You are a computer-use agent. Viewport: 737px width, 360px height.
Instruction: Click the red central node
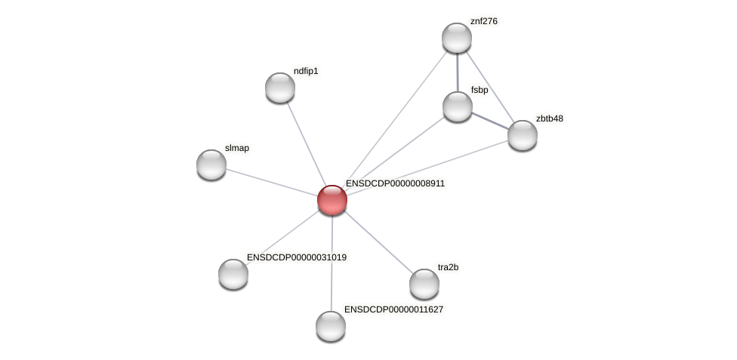[x=332, y=200]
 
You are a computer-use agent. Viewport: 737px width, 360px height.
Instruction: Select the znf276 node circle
[x=457, y=38]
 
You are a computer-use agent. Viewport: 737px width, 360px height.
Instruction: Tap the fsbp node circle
[x=458, y=106]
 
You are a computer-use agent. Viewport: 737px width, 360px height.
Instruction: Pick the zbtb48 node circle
[x=523, y=135]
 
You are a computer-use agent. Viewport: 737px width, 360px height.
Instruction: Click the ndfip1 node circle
[x=280, y=88]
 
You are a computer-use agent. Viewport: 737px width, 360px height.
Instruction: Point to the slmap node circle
[x=211, y=165]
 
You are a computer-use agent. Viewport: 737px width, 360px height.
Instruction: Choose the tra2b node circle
[x=424, y=284]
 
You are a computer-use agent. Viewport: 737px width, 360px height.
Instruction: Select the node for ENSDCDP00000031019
[x=233, y=273]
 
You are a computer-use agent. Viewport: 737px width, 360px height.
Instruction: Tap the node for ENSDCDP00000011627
[x=331, y=326]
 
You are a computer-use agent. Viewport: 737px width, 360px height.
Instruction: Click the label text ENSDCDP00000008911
[x=395, y=183]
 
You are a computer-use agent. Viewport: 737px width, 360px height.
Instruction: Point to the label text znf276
[x=483, y=21]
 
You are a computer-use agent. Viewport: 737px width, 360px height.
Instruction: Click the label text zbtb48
[x=549, y=118]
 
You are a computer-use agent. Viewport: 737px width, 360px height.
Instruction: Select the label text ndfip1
[x=306, y=72]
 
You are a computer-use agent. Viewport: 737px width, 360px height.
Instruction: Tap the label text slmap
[x=237, y=148]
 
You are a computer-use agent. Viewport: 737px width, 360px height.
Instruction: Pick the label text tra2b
[x=448, y=267]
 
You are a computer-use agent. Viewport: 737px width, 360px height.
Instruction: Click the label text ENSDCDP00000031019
[x=297, y=257]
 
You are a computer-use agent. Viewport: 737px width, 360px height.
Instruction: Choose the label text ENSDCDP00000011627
[x=393, y=309]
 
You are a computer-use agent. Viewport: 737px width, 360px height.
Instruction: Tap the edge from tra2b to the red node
[x=378, y=242]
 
